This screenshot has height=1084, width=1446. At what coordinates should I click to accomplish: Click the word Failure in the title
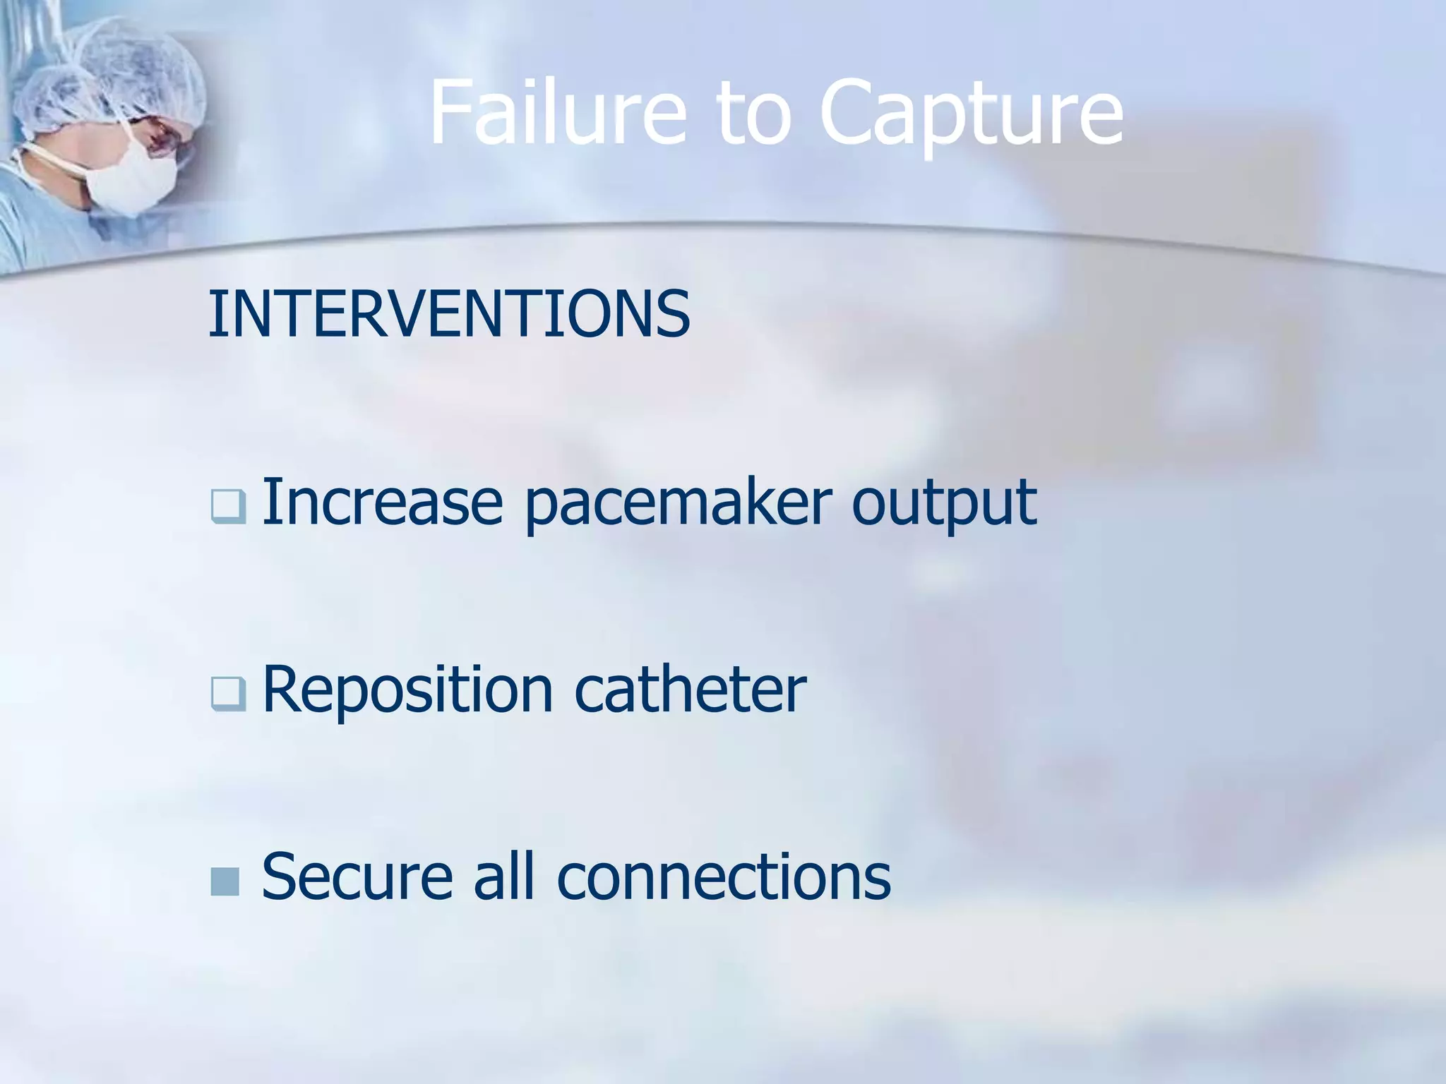coord(558,113)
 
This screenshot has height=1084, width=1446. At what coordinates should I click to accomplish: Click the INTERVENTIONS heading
coord(449,314)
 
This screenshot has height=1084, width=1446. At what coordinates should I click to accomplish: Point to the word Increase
coord(382,502)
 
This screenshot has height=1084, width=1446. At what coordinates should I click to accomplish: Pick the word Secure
coord(357,877)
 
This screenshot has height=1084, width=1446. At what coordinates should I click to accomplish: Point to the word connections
coord(724,877)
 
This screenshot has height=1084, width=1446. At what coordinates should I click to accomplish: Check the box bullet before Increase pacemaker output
coord(228,507)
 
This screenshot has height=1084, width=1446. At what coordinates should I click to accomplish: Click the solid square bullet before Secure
coord(225,881)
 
